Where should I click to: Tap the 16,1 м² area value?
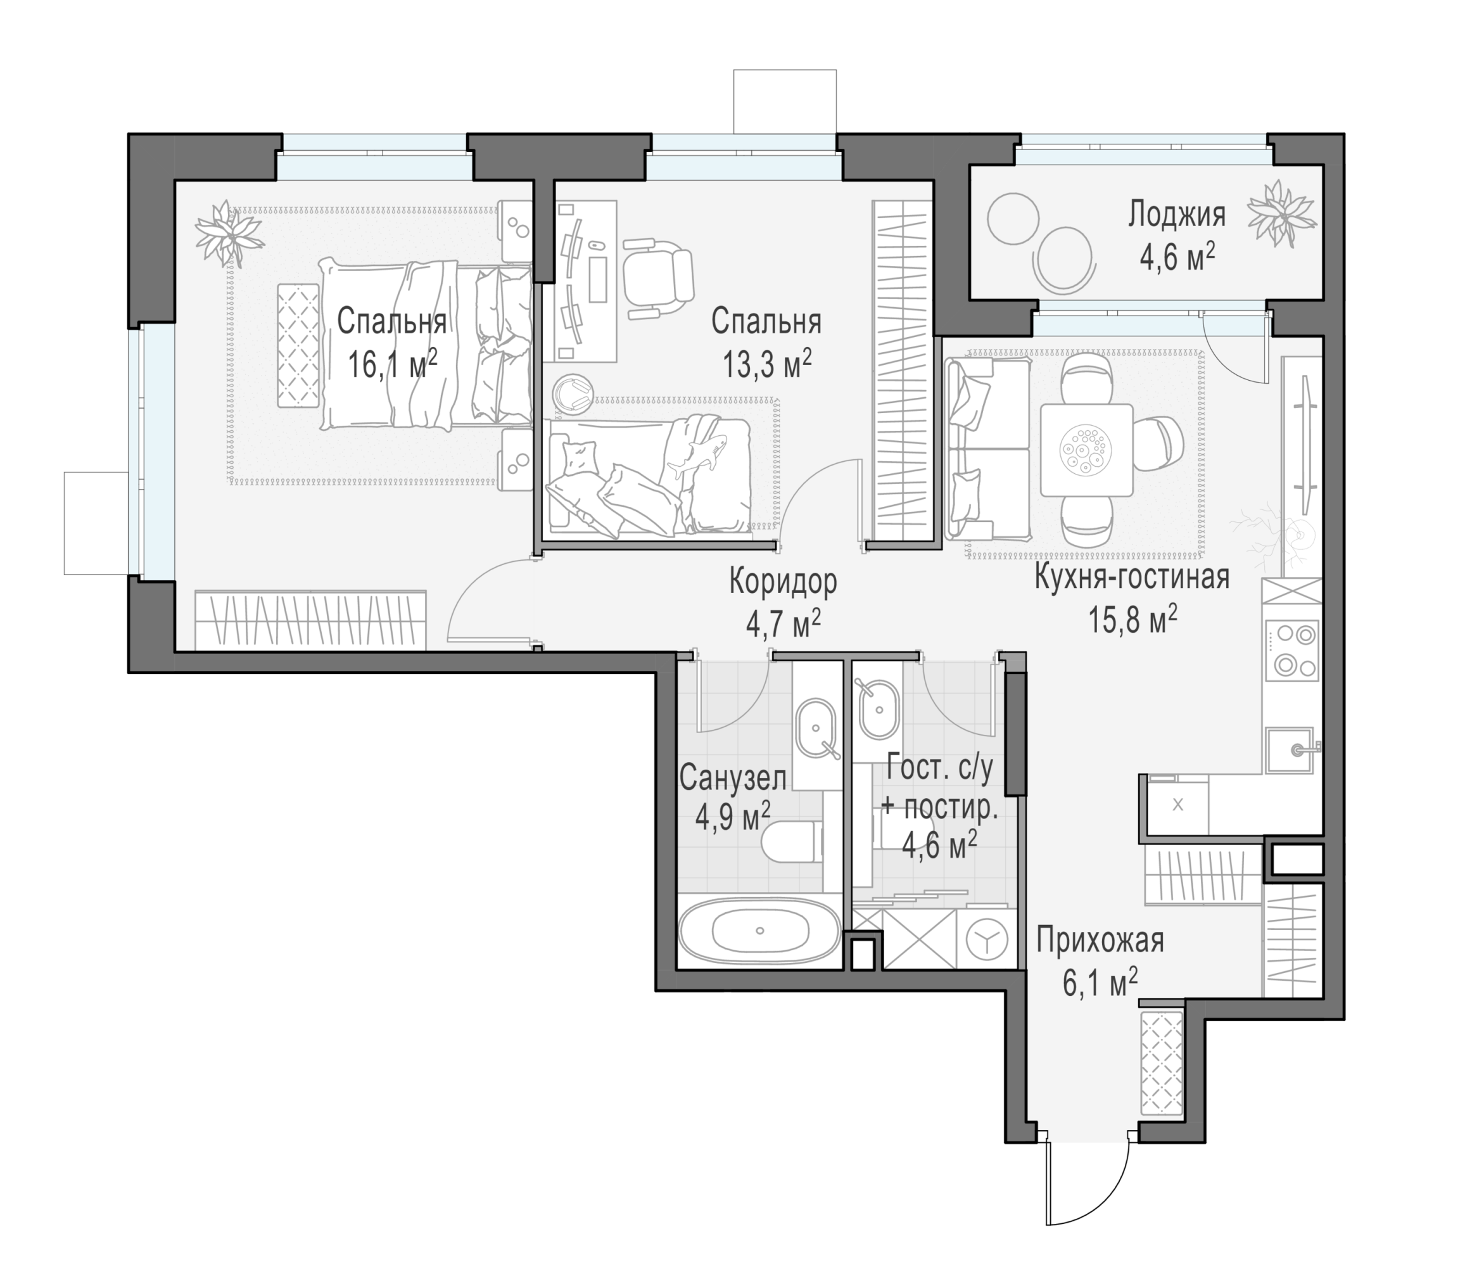pos(392,366)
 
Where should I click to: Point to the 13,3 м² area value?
pos(766,366)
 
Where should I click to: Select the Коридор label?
pos(783,582)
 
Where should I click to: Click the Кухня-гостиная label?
pos(1132,576)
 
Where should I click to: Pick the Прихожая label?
pos(1100,941)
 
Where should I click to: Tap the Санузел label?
pos(732,778)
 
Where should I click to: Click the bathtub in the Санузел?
pos(759,931)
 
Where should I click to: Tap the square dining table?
pos(1086,450)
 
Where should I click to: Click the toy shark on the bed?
pos(697,455)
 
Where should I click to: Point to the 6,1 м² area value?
pos(1100,984)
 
